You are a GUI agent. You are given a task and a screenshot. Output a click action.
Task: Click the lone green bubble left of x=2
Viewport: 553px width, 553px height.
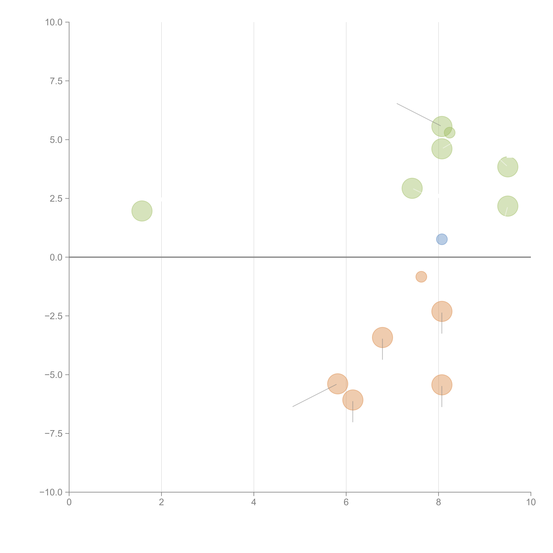(x=142, y=211)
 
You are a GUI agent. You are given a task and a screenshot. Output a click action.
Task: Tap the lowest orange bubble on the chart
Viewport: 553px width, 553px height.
(x=353, y=400)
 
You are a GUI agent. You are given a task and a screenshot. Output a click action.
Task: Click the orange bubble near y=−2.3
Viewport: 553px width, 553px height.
(x=442, y=311)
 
